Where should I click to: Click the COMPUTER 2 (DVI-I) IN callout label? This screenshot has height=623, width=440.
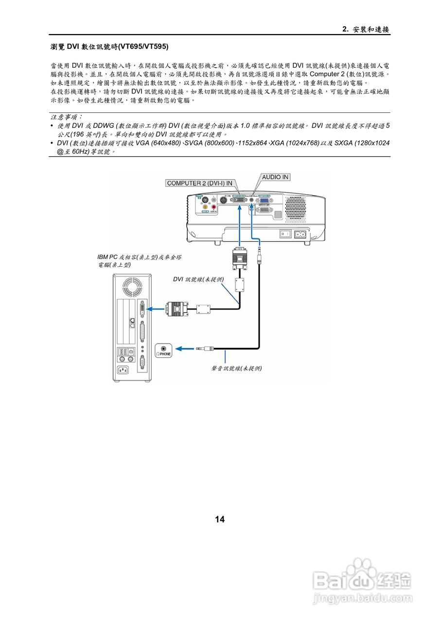(x=200, y=183)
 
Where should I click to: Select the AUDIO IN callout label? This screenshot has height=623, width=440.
(x=275, y=177)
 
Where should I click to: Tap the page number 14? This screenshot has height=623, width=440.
(x=220, y=519)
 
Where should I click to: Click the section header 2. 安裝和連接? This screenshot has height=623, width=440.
(x=366, y=29)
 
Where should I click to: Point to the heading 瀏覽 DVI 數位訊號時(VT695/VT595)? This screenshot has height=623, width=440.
(x=110, y=47)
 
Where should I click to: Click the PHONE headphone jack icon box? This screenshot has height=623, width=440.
(x=163, y=350)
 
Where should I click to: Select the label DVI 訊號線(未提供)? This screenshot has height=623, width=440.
(x=198, y=279)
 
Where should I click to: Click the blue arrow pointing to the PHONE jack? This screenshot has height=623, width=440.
(x=184, y=348)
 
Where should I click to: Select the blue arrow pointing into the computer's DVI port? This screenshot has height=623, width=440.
(x=156, y=308)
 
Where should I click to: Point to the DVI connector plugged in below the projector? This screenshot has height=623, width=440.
(x=239, y=258)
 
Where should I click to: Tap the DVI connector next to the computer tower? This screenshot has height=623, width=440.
(x=176, y=308)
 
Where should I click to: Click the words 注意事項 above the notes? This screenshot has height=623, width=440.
(x=67, y=117)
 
